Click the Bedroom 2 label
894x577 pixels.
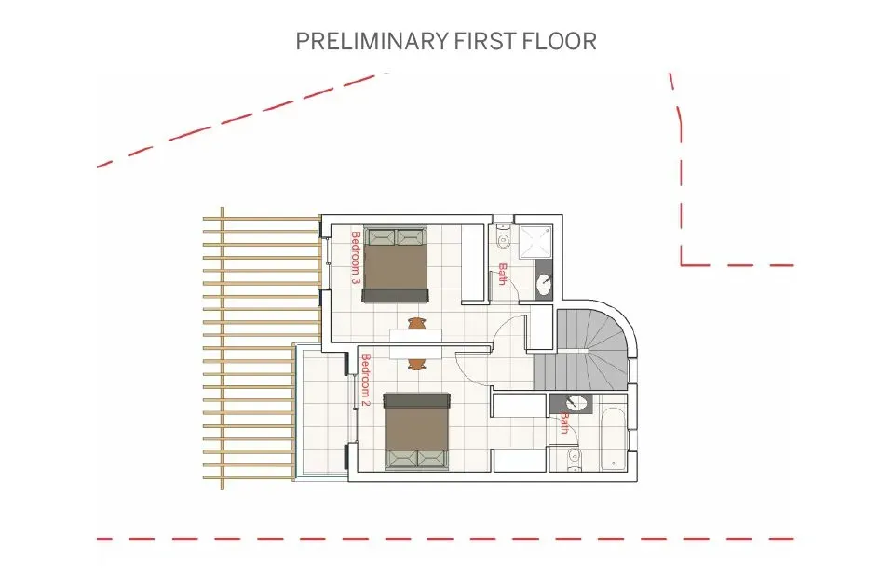(x=365, y=381)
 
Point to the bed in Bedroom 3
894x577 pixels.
(x=396, y=264)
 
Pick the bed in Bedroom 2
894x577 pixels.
(x=418, y=431)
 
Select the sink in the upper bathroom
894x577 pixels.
(x=544, y=282)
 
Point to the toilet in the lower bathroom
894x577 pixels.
(x=573, y=456)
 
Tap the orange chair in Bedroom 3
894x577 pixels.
(x=415, y=324)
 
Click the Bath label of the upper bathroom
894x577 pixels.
(x=502, y=274)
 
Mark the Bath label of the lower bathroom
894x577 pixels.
(x=564, y=423)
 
